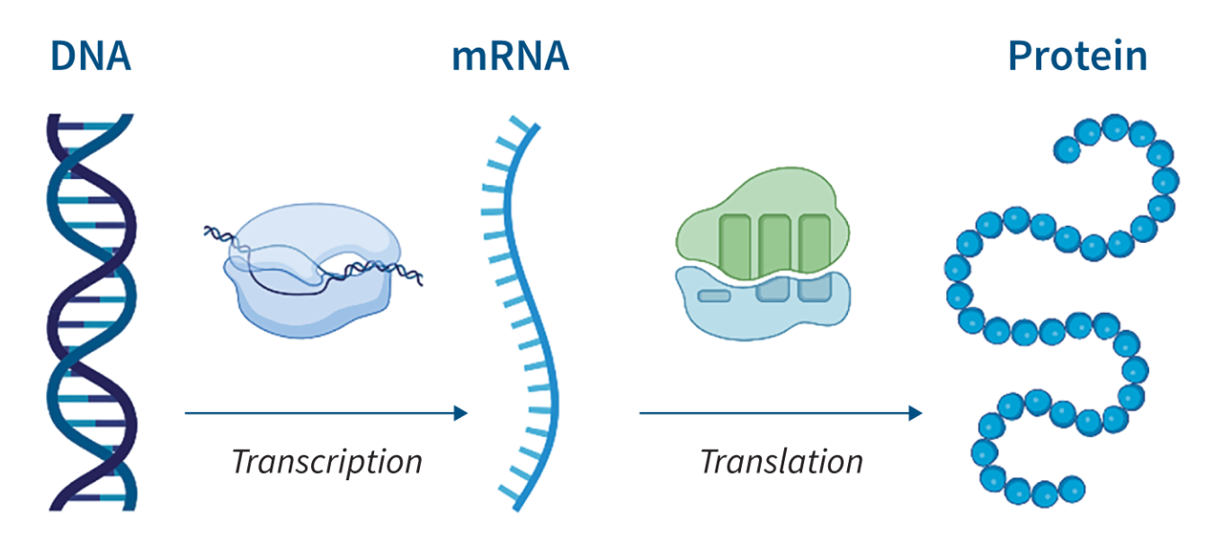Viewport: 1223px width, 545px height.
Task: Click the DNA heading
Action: [x=91, y=57]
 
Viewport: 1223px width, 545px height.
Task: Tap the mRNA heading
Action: [x=511, y=57]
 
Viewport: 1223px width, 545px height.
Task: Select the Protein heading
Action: [x=1077, y=56]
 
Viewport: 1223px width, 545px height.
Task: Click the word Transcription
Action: [x=327, y=462]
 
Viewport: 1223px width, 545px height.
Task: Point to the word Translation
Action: [x=781, y=462]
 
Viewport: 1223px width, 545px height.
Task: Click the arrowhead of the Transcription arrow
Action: [x=461, y=414]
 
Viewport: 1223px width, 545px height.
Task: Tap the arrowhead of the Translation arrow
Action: [x=915, y=414]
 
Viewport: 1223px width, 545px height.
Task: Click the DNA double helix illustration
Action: [x=92, y=312]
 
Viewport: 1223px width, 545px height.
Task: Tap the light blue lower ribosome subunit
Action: [x=763, y=305]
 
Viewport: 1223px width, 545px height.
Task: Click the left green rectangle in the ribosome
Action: [x=735, y=246]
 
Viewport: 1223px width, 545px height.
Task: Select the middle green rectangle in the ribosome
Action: [x=775, y=245]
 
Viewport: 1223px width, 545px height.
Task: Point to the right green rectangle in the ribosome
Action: [x=815, y=242]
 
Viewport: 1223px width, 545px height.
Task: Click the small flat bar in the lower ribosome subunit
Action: [x=714, y=296]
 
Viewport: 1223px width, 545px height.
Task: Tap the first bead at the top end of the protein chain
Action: [x=1067, y=149]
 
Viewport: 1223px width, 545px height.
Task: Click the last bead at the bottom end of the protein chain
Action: [x=1072, y=489]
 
